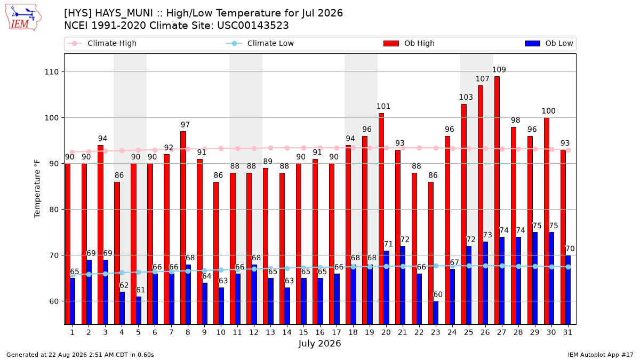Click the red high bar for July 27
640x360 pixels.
(497, 201)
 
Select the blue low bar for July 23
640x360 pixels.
(436, 313)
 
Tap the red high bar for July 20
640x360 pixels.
(381, 219)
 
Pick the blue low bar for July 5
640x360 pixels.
(139, 310)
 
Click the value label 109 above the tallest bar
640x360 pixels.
(499, 70)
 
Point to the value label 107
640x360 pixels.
(483, 79)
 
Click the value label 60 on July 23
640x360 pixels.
(438, 294)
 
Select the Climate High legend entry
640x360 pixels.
(101, 43)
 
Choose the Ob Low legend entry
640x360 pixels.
(549, 43)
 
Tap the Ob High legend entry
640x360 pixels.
(409, 43)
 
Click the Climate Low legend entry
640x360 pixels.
(260, 43)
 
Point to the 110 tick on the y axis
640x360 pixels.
(51, 72)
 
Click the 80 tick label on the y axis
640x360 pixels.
(54, 210)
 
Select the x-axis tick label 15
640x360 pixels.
(303, 333)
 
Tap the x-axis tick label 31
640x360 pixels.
(567, 333)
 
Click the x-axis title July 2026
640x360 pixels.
(319, 343)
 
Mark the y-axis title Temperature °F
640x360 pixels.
(37, 189)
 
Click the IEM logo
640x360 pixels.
(23, 18)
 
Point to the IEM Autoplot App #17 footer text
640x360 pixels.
(601, 355)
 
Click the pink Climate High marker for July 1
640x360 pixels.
(73, 153)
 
